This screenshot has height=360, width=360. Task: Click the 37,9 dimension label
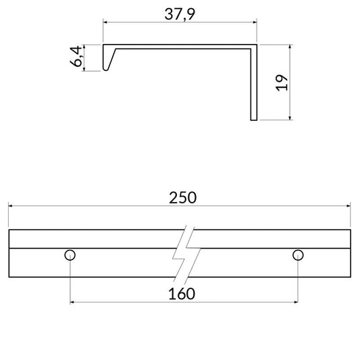pyautogui.click(x=180, y=14)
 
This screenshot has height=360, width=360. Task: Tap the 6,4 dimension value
pyautogui.click(x=76, y=57)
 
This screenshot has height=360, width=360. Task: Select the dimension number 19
pyautogui.click(x=282, y=82)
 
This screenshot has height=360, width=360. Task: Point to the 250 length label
pyautogui.click(x=183, y=198)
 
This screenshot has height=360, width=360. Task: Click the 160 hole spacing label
pyautogui.click(x=182, y=294)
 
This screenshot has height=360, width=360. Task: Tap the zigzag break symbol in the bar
pyautogui.click(x=186, y=254)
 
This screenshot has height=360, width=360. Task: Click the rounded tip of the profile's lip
pyautogui.click(x=105, y=70)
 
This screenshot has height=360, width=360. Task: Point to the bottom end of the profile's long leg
pyautogui.click(x=254, y=120)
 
